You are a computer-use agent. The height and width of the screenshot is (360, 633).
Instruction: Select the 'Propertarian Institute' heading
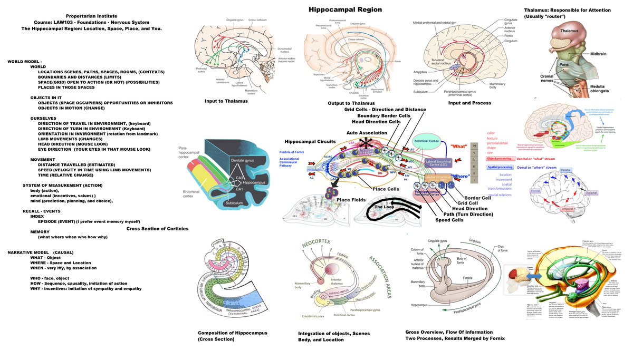[91, 16]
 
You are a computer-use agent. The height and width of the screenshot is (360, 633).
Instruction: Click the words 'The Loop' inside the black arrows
[385, 207]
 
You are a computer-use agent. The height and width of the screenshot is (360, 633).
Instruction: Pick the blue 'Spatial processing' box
[500, 167]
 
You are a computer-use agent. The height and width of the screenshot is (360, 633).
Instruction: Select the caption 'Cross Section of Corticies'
[157, 228]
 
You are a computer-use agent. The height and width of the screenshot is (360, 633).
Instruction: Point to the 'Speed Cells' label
[449, 220]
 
